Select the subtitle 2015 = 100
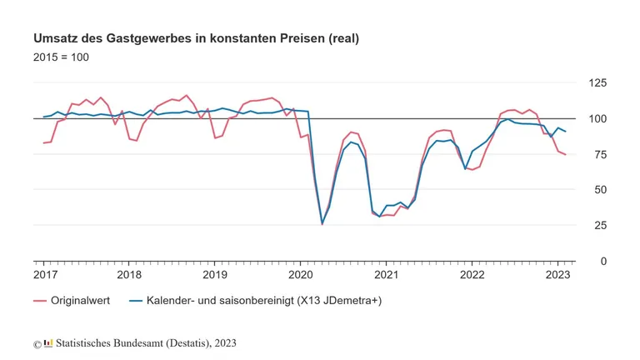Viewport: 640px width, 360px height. pos(61,57)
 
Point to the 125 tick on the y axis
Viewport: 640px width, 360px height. pos(597,83)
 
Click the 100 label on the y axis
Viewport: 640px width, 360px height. pos(597,118)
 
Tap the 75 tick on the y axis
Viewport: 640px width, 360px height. pos(597,154)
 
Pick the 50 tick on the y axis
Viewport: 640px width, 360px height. pos(597,190)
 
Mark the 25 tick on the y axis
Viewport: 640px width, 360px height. pos(597,226)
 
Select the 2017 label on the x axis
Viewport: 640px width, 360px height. pos(45,274)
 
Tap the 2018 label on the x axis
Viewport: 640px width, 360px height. pos(129,274)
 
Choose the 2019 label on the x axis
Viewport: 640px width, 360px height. pos(215,274)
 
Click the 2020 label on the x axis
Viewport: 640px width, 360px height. pos(301,274)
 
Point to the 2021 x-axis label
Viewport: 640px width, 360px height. pos(387,274)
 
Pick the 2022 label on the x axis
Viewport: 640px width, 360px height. pos(472,274)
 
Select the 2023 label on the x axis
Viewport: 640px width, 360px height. pos(557,274)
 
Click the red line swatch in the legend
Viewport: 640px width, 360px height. pos(39,300)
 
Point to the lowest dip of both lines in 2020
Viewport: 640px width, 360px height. pos(322,223)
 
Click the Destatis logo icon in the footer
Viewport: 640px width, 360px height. pos(48,342)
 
